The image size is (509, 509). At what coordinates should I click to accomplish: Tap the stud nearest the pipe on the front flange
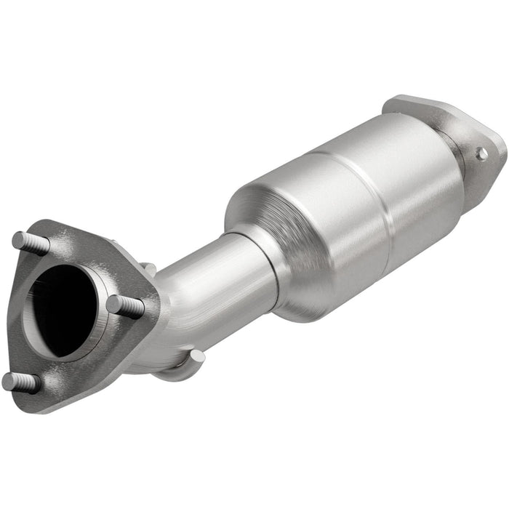(126, 305)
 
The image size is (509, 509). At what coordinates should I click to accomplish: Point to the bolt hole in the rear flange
(481, 153)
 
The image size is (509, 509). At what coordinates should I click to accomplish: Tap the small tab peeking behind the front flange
(148, 269)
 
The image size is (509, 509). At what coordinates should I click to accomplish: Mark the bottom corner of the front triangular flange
(44, 404)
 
